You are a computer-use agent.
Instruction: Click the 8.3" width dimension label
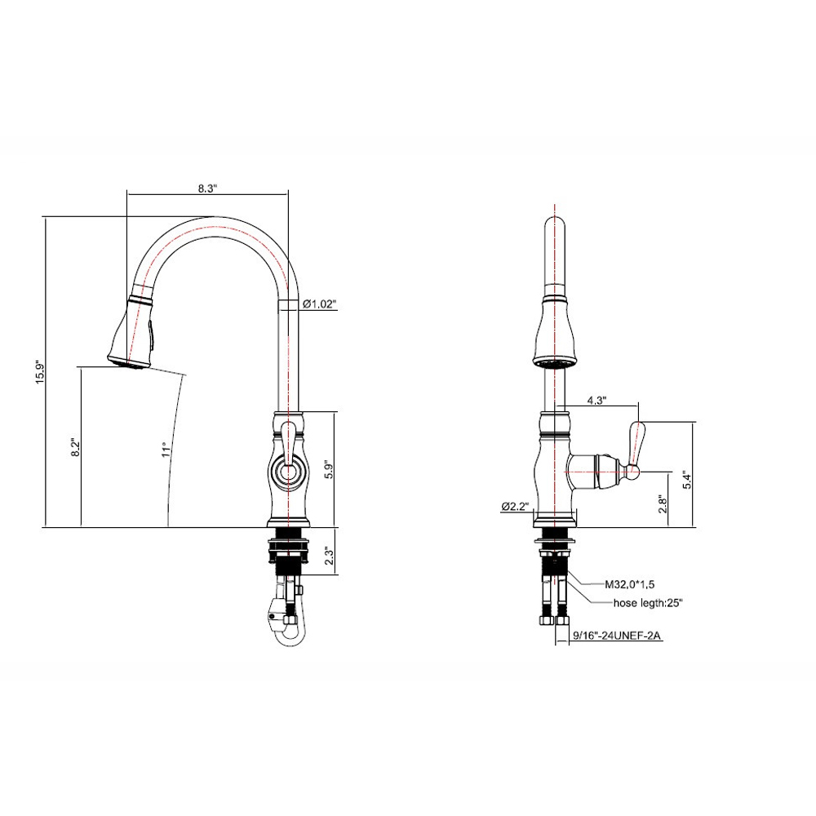(207, 187)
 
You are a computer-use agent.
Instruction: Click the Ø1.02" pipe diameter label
(319, 304)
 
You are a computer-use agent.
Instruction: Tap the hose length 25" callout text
(648, 604)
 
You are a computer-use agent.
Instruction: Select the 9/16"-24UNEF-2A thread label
(618, 634)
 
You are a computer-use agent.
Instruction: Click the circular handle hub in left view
(286, 471)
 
